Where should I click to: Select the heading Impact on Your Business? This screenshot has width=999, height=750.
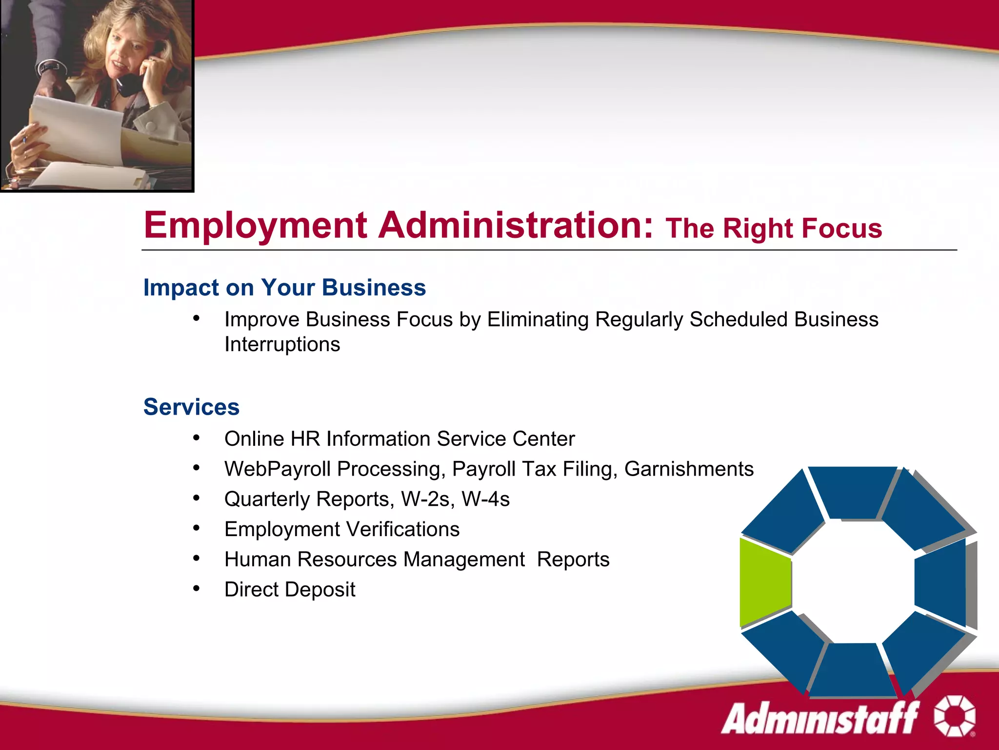284,288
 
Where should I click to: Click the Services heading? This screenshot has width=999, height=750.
191,407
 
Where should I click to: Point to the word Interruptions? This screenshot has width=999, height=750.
282,345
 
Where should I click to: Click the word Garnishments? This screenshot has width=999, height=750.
689,469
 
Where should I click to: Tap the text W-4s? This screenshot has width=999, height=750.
485,500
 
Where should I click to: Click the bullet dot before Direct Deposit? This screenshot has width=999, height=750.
196,588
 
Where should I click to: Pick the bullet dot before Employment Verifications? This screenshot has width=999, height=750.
196,528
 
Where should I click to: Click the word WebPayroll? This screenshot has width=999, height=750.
277,469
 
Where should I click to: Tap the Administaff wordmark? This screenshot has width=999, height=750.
819,718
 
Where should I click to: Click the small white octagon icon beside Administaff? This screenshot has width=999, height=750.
955,716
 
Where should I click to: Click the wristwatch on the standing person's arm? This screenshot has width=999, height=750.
49,68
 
